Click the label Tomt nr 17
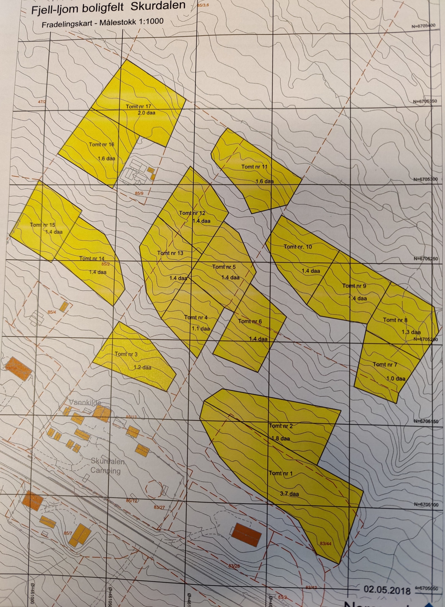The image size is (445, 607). pos(138,106)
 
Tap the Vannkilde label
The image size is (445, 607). pos(85,402)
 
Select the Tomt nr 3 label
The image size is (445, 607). pos(126,354)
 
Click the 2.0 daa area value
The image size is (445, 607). pos(146,113)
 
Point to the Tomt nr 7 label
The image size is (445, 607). pos(385,364)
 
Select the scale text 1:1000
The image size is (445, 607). pos(149,22)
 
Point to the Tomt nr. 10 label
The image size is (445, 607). pos(298,247)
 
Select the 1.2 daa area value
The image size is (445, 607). pos(142,367)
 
